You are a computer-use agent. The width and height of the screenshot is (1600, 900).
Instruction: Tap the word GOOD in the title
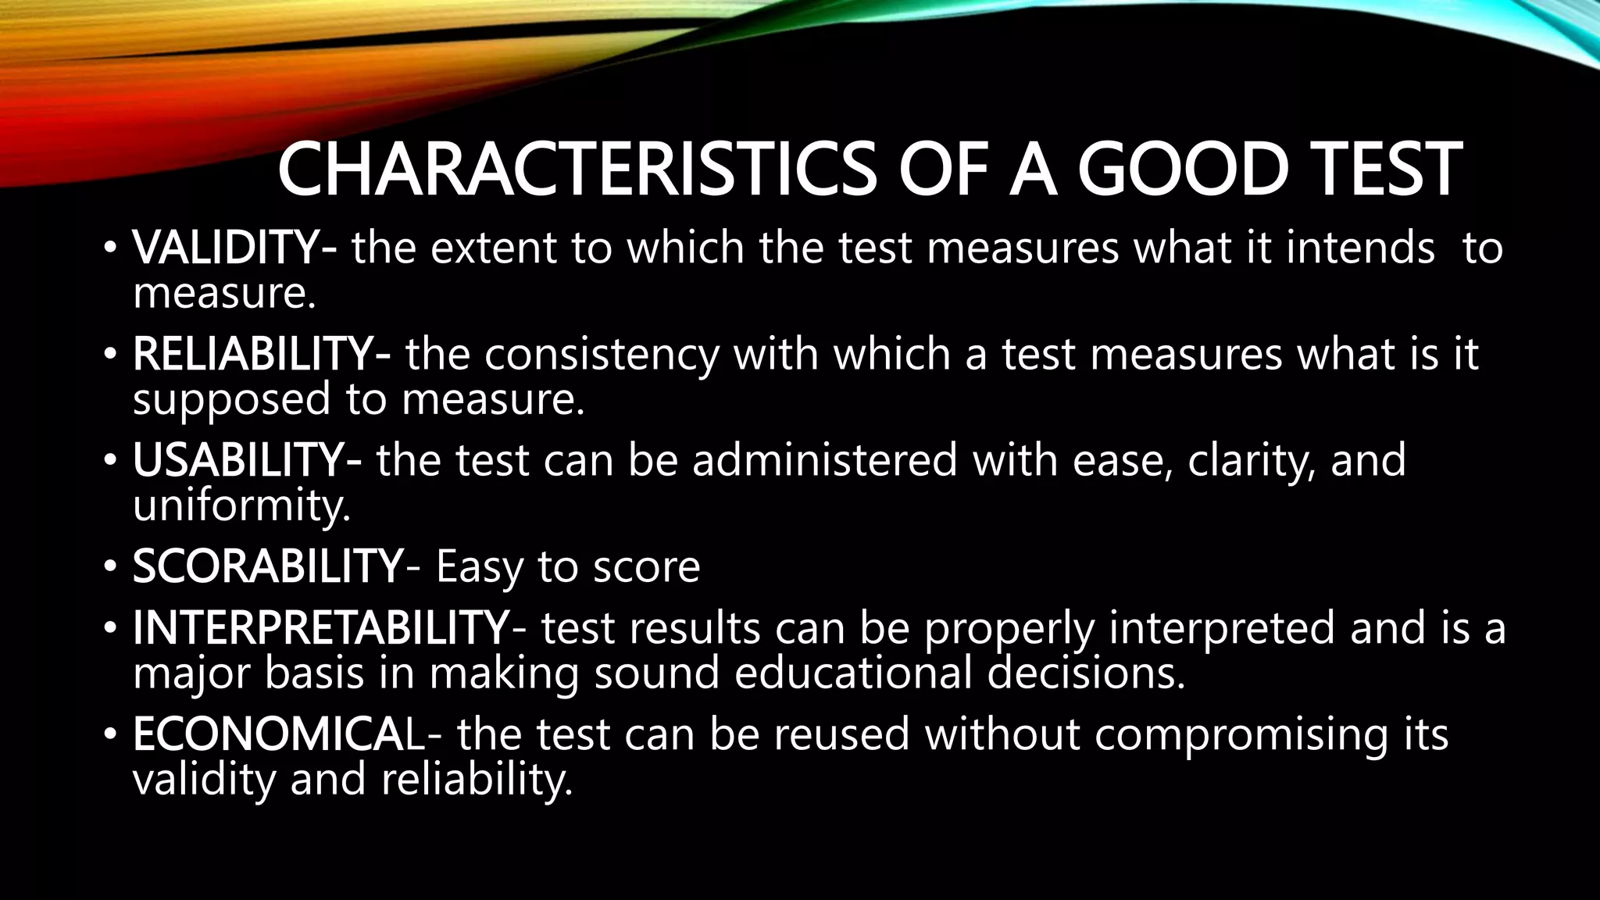[x=1181, y=170]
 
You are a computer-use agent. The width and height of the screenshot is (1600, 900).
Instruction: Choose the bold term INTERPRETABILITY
[x=320, y=628]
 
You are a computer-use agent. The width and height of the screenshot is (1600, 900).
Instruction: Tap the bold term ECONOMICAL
[x=278, y=734]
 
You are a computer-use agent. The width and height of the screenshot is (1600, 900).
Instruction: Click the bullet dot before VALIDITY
[x=110, y=249]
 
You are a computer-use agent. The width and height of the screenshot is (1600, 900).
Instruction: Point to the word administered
[x=824, y=460]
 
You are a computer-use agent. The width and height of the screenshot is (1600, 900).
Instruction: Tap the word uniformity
[x=241, y=506]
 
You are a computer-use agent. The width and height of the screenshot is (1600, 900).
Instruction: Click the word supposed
[x=231, y=400]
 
